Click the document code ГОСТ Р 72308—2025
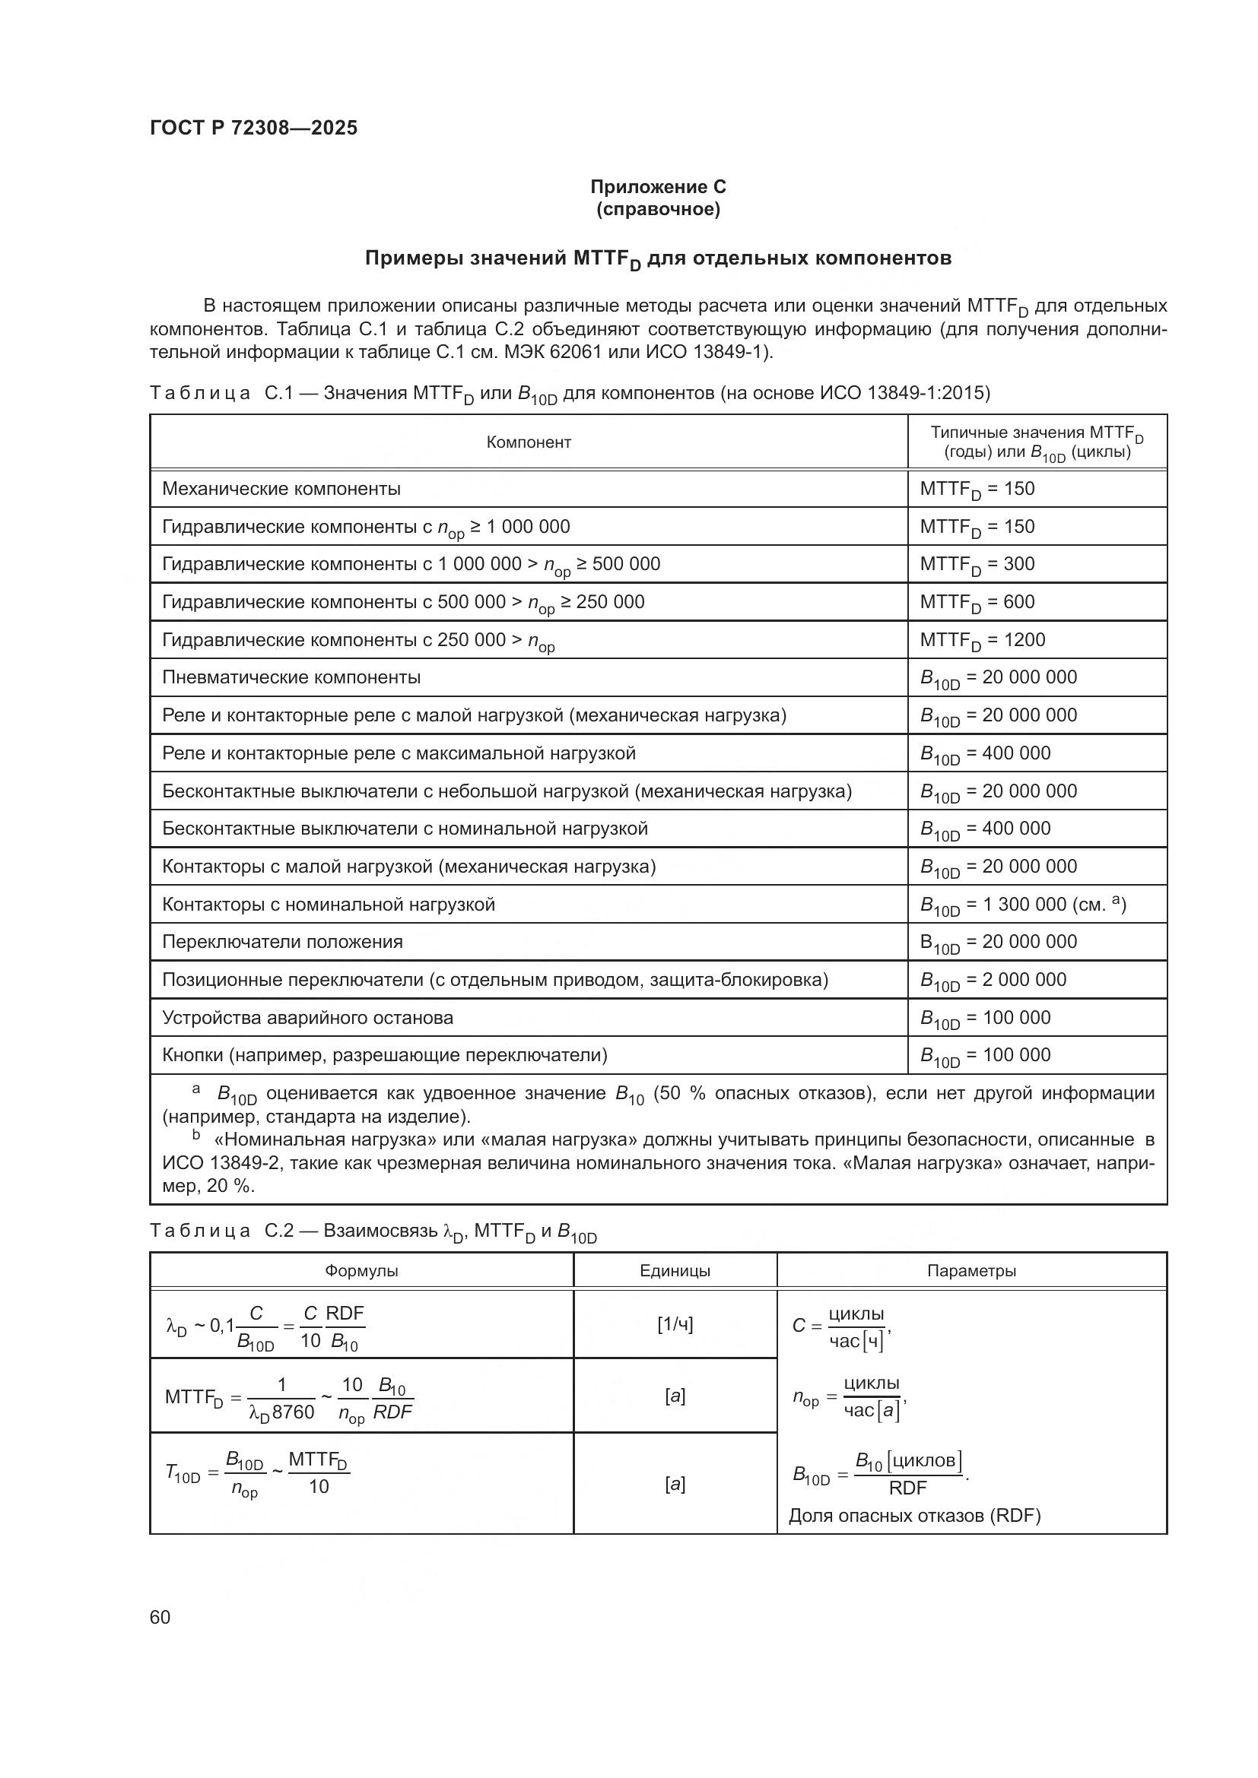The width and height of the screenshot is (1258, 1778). (253, 128)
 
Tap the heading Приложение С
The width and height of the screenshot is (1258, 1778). (658, 187)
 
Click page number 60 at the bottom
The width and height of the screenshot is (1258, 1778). (160, 1617)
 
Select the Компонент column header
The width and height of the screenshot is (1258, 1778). (529, 442)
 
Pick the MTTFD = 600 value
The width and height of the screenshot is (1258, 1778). (977, 602)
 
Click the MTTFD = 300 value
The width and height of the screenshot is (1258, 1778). (977, 564)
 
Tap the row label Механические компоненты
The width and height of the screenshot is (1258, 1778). (281, 489)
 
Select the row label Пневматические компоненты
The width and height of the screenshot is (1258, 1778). (291, 677)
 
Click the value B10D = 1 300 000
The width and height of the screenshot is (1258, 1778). (1022, 905)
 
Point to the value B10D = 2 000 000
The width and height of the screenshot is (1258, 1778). (993, 980)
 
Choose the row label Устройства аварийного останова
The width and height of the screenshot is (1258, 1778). (307, 1018)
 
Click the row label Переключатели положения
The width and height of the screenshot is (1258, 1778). (283, 942)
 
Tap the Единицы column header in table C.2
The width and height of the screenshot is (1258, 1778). (675, 1271)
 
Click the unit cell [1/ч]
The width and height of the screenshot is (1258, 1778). (675, 1324)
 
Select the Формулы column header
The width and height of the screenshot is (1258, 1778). (361, 1271)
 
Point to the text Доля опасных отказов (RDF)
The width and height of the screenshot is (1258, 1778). (914, 1516)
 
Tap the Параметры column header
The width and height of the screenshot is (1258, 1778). (971, 1271)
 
